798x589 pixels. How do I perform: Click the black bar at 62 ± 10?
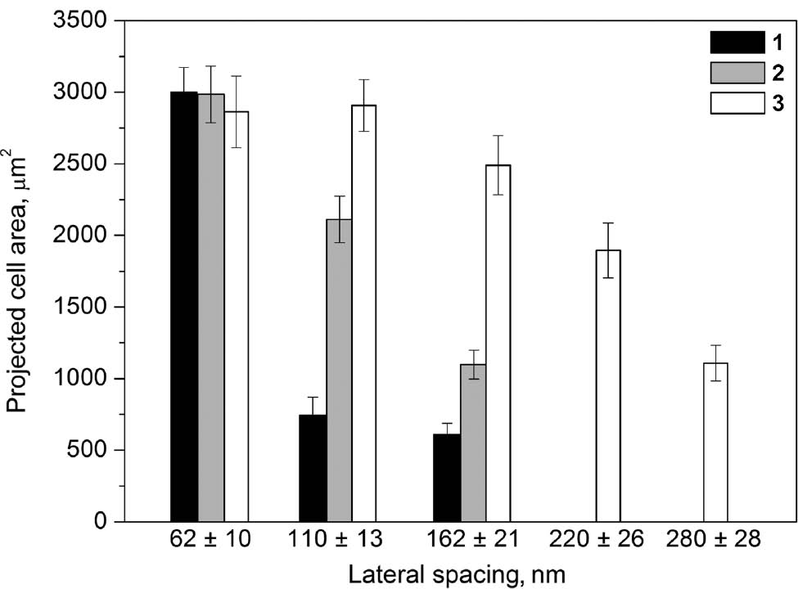(183, 307)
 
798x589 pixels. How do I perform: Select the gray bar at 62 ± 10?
(210, 308)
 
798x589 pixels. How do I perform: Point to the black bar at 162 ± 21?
(446, 478)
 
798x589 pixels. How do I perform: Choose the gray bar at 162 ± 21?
(473, 443)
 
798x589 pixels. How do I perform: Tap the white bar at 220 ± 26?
(608, 385)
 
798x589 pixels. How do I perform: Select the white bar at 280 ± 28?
(715, 442)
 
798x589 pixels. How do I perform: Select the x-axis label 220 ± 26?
(607, 541)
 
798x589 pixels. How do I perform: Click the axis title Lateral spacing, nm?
(456, 573)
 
